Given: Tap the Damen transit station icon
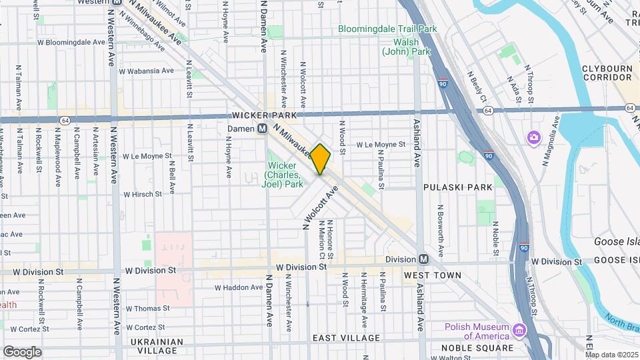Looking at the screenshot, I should tap(263, 129).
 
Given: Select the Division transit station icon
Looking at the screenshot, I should tap(423, 259).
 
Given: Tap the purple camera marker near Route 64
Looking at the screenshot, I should tap(534, 138).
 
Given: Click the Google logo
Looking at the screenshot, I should tap(22, 351).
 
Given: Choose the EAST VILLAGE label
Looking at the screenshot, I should tap(346, 338).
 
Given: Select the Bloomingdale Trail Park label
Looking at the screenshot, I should tap(387, 29).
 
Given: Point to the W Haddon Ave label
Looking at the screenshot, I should tap(239, 287).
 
